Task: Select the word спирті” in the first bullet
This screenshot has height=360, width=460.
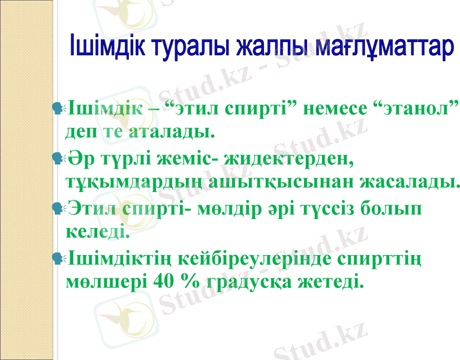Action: coord(260,109)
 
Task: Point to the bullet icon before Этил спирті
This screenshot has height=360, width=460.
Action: coord(58,208)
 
